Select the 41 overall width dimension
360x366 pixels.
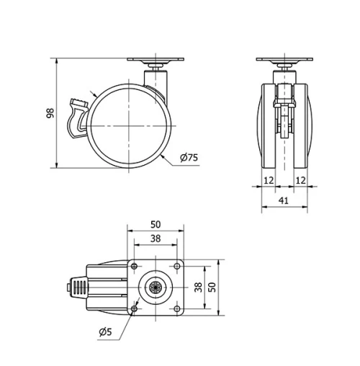pyautogui.click(x=284, y=201)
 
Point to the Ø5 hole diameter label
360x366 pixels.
pyautogui.click(x=104, y=331)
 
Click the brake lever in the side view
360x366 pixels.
pyautogui.click(x=78, y=116)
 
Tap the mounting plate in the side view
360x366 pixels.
pyautogui.click(x=156, y=60)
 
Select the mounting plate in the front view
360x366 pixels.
pyautogui.click(x=284, y=60)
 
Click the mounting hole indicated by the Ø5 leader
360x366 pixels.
pyautogui.click(x=135, y=309)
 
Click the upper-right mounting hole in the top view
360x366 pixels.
pyautogui.click(x=176, y=267)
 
